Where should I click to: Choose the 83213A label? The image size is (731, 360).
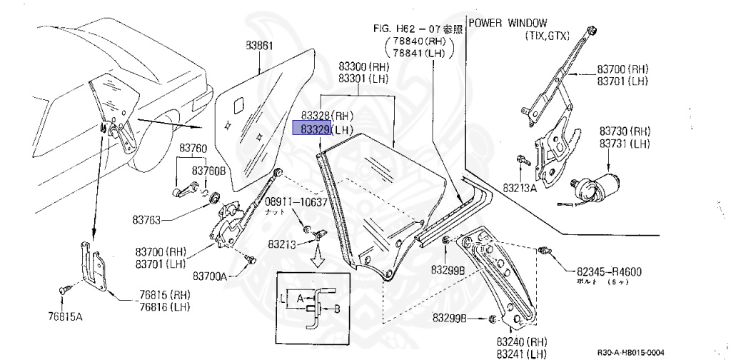click(x=520, y=187)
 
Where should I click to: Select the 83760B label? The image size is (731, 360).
click(x=208, y=171)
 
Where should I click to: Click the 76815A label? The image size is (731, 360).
click(x=66, y=316)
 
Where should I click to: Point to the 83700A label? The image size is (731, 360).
click(x=209, y=275)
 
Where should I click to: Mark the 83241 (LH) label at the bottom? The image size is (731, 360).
click(x=518, y=353)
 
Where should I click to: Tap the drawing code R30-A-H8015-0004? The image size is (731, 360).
click(x=630, y=351)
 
